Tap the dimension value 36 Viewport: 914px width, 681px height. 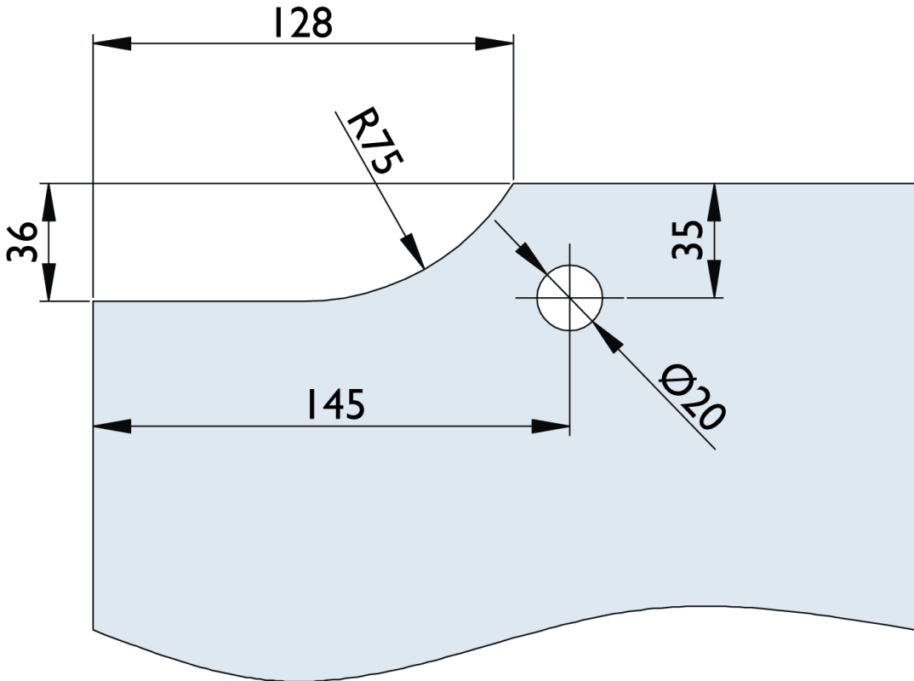click(x=24, y=242)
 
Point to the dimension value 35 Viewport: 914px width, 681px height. click(x=688, y=240)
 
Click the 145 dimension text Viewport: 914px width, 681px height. click(x=336, y=405)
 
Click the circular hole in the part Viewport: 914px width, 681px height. click(x=569, y=298)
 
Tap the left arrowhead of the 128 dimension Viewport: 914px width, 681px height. click(x=111, y=43)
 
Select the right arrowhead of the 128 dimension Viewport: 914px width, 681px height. click(x=494, y=43)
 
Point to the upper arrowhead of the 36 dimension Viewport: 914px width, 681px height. click(x=49, y=201)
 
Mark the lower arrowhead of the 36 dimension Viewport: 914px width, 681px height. click(x=49, y=283)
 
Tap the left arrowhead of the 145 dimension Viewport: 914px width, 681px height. click(x=111, y=426)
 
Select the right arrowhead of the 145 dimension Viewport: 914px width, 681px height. click(x=550, y=426)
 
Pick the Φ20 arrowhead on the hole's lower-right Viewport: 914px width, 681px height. click(x=608, y=338)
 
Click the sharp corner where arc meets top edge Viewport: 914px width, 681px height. click(x=513, y=183)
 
